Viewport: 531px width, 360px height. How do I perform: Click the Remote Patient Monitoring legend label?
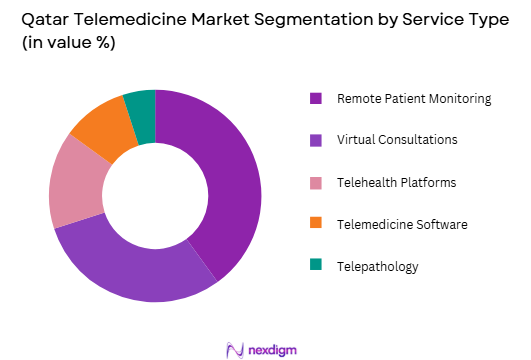(414, 98)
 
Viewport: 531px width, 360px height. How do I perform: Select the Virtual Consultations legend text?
(397, 139)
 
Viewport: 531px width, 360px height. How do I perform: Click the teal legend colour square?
(316, 264)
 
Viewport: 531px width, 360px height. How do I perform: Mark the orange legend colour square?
(316, 222)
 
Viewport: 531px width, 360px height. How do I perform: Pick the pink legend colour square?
(316, 181)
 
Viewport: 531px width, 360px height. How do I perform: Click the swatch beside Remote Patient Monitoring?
(316, 98)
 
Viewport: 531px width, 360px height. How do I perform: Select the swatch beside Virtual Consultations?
(316, 139)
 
